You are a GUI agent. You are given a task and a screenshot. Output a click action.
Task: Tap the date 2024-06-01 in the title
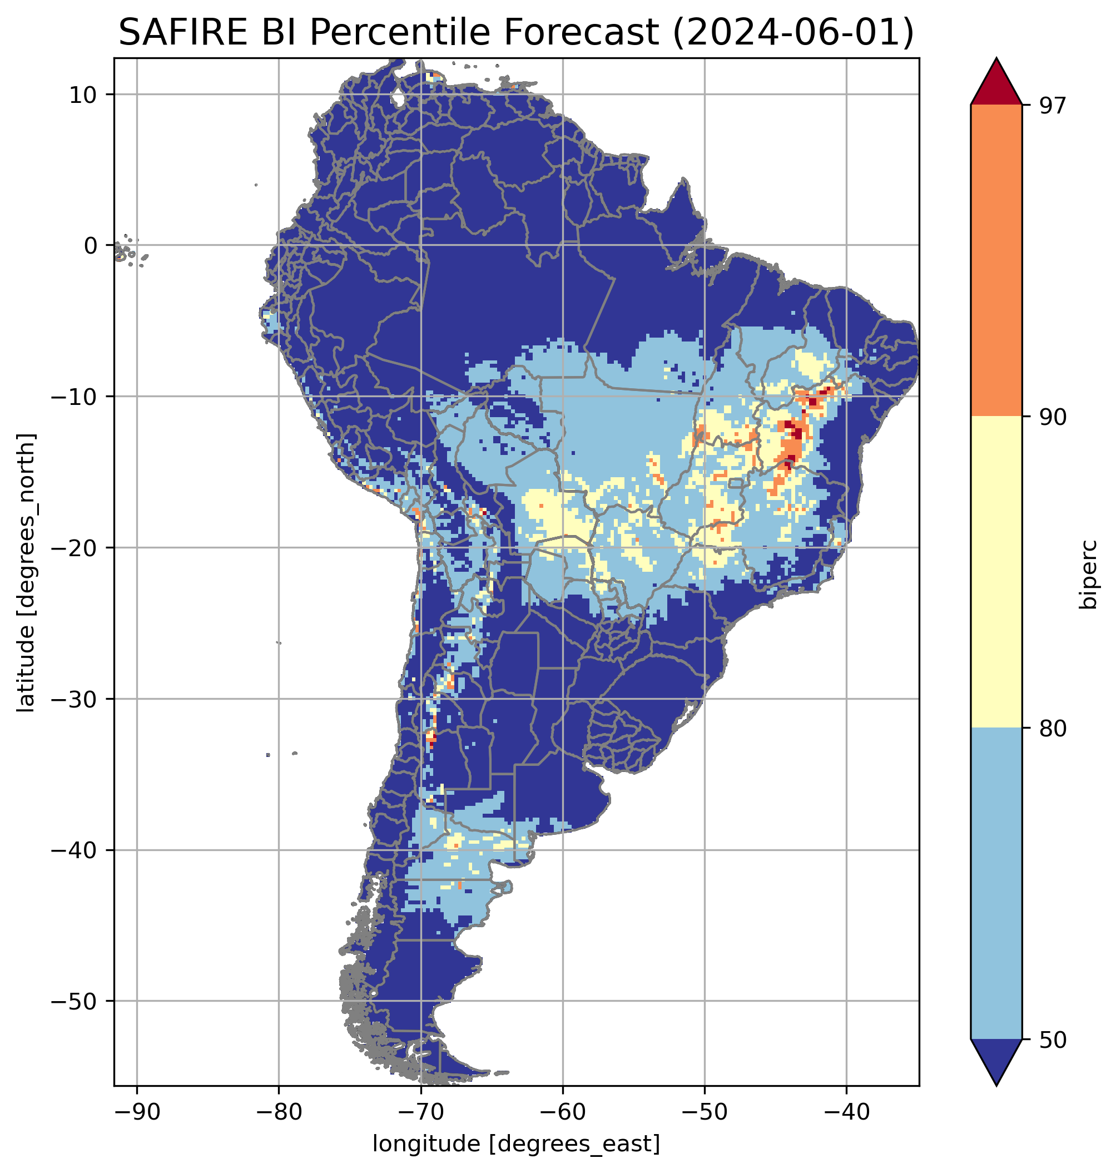(x=792, y=32)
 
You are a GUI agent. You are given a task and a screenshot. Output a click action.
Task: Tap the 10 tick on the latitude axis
(x=83, y=95)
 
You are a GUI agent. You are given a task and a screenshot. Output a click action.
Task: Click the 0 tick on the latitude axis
(x=91, y=246)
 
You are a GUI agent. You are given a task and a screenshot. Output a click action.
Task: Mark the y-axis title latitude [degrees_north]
(x=27, y=572)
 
